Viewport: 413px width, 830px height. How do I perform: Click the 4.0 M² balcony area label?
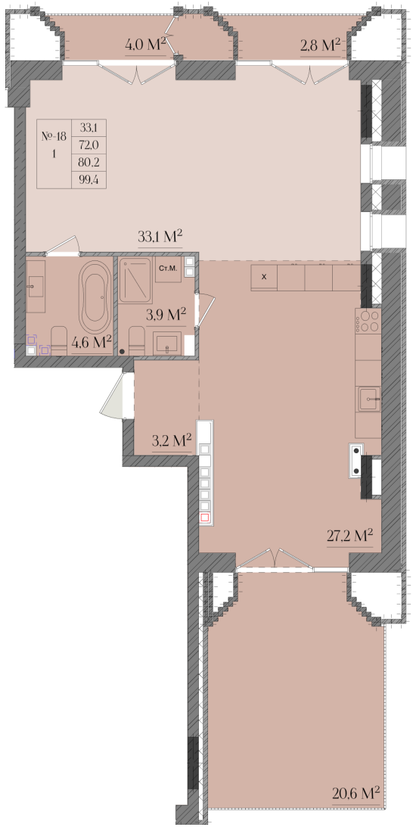pos(146,45)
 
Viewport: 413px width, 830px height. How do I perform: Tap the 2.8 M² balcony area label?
pos(320,45)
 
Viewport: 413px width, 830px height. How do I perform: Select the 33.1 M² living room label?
pos(160,237)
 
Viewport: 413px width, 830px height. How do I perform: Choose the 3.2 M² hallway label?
pos(172,440)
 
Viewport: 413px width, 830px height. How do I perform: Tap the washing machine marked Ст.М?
pos(168,270)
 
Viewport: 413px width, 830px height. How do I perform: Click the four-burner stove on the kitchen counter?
pos(368,321)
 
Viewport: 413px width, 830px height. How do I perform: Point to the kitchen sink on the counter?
pos(369,399)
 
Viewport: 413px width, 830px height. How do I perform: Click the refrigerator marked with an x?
pos(264,277)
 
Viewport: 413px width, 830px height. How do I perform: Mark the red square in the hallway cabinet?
pos(205,518)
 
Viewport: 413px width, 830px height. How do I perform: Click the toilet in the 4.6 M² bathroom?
pos(58,340)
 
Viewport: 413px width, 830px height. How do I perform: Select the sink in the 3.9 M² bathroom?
pos(167,343)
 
